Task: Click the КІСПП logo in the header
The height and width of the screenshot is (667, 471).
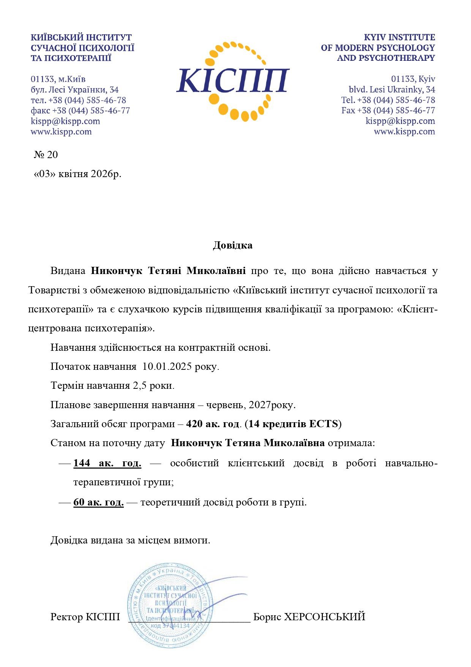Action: click(232, 81)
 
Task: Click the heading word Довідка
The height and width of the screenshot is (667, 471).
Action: click(232, 245)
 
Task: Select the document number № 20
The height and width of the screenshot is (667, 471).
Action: click(46, 155)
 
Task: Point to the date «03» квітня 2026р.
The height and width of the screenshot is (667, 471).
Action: click(77, 174)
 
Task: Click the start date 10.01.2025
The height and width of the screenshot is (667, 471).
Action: click(167, 367)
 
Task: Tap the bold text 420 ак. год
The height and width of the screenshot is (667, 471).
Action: click(213, 424)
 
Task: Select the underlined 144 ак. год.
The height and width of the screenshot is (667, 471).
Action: click(107, 463)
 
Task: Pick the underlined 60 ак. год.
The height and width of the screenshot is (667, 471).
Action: click(98, 502)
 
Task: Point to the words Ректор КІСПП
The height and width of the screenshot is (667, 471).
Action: click(85, 617)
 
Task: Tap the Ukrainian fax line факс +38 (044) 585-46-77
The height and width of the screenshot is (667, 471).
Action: click(80, 111)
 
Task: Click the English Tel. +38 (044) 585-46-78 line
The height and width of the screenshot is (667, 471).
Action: click(388, 100)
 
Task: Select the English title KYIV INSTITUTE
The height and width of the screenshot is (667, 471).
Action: click(399, 37)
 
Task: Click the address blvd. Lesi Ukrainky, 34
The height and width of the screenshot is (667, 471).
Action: click(392, 90)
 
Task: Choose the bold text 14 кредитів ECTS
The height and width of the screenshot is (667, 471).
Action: click(293, 424)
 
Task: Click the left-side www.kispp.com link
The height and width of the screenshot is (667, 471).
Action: click(61, 132)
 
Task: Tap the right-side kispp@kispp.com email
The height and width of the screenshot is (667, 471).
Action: click(400, 121)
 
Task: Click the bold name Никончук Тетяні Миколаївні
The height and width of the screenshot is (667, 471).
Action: click(168, 271)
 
